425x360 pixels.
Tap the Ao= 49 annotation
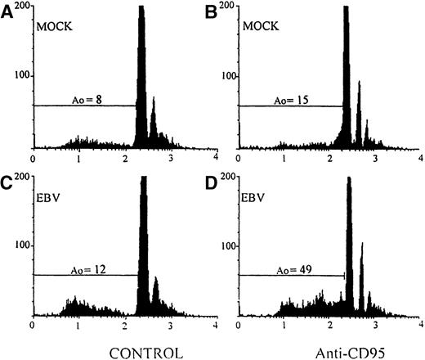tap(293, 270)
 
